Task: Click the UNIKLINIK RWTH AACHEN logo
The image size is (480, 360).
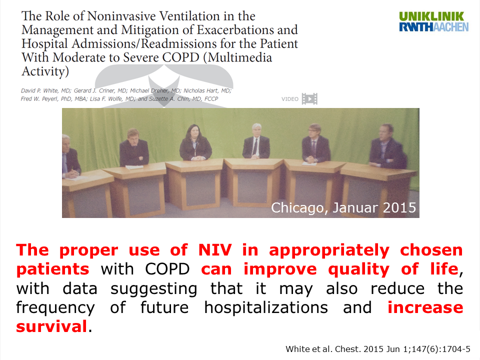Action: [434, 21]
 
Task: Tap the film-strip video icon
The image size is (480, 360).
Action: [309, 99]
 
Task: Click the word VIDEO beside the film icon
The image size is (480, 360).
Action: [290, 99]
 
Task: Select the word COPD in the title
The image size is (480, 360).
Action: [180, 57]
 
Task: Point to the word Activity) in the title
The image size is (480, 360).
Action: [45, 71]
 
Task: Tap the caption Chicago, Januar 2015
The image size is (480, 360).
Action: [343, 207]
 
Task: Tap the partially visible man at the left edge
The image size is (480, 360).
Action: [70, 156]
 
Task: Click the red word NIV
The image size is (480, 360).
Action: [215, 250]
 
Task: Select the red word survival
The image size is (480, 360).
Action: [51, 326]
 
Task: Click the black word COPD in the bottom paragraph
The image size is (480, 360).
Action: [167, 269]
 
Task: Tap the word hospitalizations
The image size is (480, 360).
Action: [266, 307]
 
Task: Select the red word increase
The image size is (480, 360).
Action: [425, 307]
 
